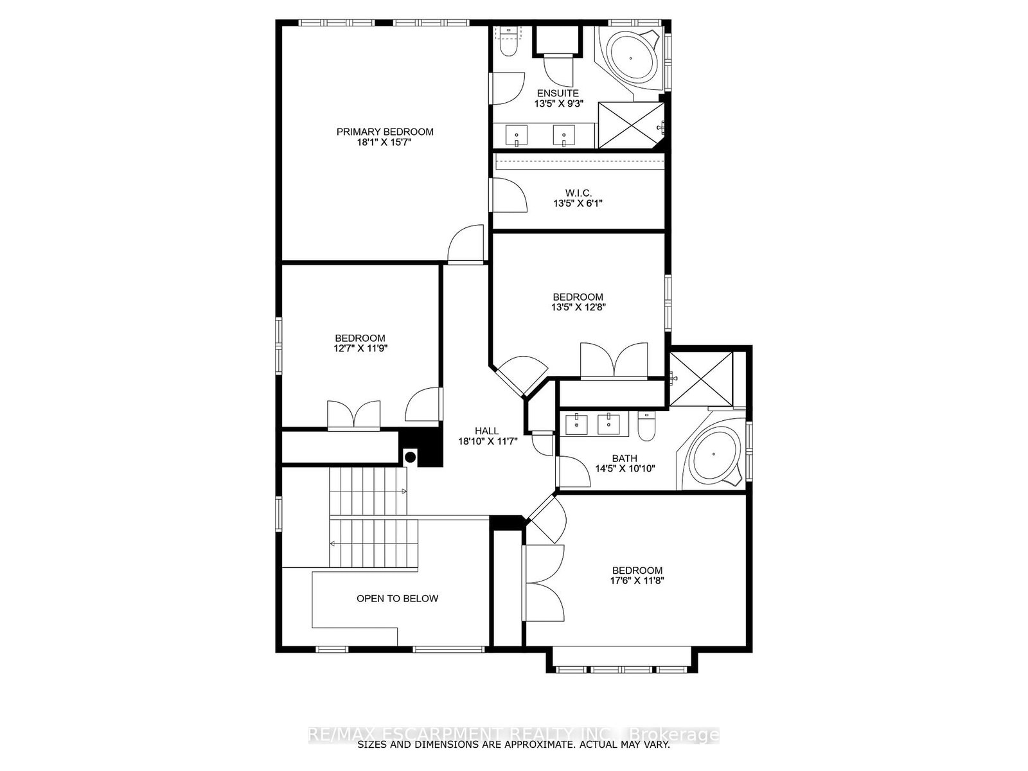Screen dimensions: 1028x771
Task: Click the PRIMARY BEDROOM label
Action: coord(384,132)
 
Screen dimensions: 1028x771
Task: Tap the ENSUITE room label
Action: coord(558,94)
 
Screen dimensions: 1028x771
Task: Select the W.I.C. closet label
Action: coord(578,193)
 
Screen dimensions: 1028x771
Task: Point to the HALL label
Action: coord(487,430)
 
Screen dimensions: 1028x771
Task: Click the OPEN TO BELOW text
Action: coord(397,598)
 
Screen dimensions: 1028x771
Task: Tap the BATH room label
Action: coord(625,458)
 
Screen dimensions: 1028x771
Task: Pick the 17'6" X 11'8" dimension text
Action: coord(637,580)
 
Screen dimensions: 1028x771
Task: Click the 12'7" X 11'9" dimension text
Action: coord(360,348)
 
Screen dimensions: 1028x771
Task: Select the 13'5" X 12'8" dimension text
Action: coord(578,307)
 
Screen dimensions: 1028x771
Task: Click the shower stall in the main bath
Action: coord(701,378)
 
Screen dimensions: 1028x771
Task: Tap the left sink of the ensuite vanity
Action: coord(517,136)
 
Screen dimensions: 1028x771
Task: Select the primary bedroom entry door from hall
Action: coord(466,244)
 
